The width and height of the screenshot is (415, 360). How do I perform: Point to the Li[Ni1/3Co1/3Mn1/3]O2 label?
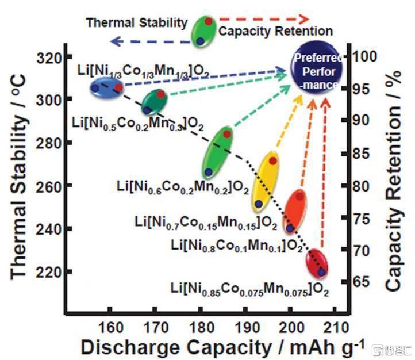pos(144,71)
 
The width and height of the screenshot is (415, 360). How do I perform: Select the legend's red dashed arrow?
pos(272,18)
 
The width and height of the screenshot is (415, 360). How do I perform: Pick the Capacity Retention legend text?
pos(275,31)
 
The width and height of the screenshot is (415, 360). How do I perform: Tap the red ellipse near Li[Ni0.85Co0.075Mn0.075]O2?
pos(316,264)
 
